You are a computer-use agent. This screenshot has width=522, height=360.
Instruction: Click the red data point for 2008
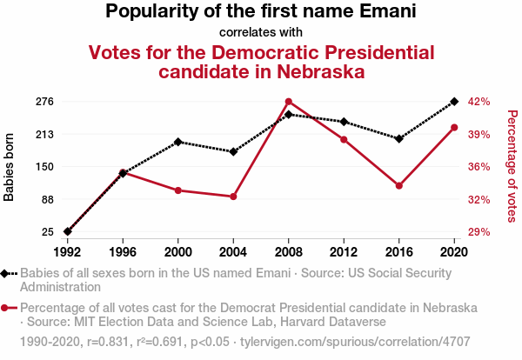pyautogui.click(x=289, y=102)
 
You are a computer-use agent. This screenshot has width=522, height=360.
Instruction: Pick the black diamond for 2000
pyautogui.click(x=178, y=142)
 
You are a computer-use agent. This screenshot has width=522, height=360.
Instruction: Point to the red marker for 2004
pyautogui.click(x=233, y=197)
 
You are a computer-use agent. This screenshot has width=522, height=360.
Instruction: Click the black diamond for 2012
pyautogui.click(x=344, y=122)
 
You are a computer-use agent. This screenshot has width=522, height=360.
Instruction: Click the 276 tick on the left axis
pyautogui.click(x=44, y=102)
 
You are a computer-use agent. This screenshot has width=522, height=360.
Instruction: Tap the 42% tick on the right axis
pyautogui.click(x=480, y=102)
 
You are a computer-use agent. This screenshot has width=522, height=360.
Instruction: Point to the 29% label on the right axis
pyautogui.click(x=480, y=232)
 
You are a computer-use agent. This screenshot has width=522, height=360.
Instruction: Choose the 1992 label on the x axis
pyautogui.click(x=68, y=251)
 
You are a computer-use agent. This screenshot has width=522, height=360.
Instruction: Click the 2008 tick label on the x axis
pyautogui.click(x=289, y=251)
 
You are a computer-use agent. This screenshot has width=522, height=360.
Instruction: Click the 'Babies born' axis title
pyautogui.click(x=10, y=167)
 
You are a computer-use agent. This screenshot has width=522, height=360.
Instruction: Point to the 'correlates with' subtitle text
pyautogui.click(x=261, y=32)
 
